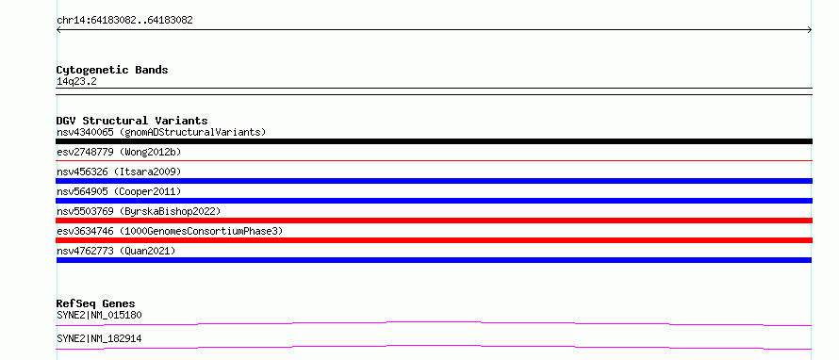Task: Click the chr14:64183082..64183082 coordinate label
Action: tap(124, 21)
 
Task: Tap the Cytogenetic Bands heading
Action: tap(112, 70)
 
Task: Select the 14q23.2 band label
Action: tap(76, 82)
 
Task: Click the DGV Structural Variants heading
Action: tap(132, 121)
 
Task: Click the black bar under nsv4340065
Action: tap(434, 141)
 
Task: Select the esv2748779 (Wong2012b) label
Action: tap(119, 152)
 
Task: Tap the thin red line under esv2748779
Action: tap(434, 160)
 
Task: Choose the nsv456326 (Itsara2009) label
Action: tap(119, 172)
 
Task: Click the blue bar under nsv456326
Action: tap(434, 181)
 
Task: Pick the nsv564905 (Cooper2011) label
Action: tap(119, 191)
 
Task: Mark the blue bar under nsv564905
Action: tap(434, 201)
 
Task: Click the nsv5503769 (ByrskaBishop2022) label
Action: tap(138, 211)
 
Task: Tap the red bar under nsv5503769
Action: tap(434, 221)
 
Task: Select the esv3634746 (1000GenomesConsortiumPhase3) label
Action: tap(170, 231)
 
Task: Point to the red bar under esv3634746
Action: tap(434, 240)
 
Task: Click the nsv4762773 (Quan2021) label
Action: tap(116, 251)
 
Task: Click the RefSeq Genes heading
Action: tap(96, 303)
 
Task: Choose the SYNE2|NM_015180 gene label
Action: tap(99, 315)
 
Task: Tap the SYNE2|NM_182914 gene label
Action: tap(99, 338)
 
